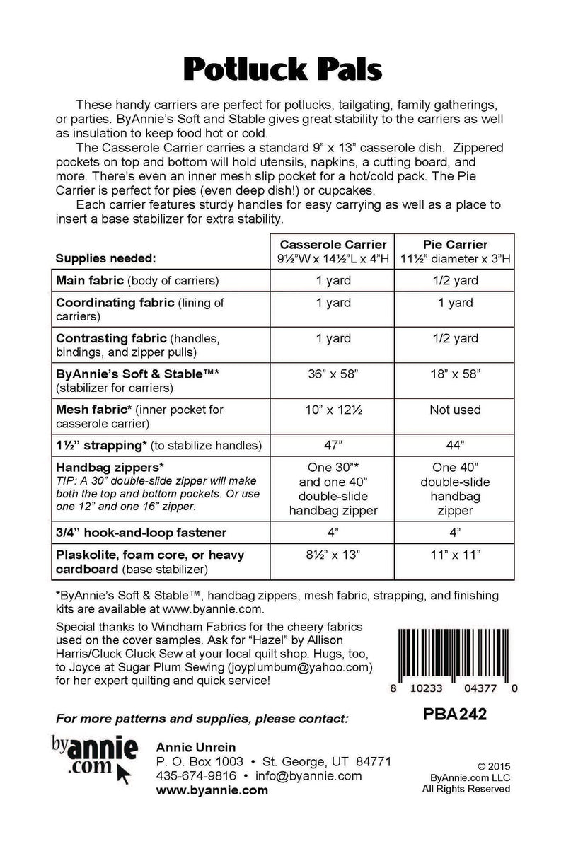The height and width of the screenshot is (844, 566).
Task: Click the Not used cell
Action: (x=455, y=410)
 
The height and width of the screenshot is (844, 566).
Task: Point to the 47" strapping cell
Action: (x=333, y=445)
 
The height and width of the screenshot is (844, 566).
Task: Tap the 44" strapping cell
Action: (x=455, y=445)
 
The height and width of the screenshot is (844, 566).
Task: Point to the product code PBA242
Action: (x=453, y=716)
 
